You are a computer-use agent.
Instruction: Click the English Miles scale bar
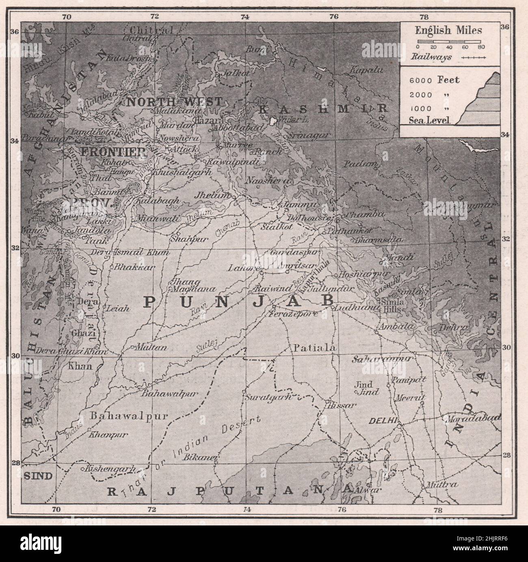point(450,42)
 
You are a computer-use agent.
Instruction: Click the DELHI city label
point(382,421)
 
